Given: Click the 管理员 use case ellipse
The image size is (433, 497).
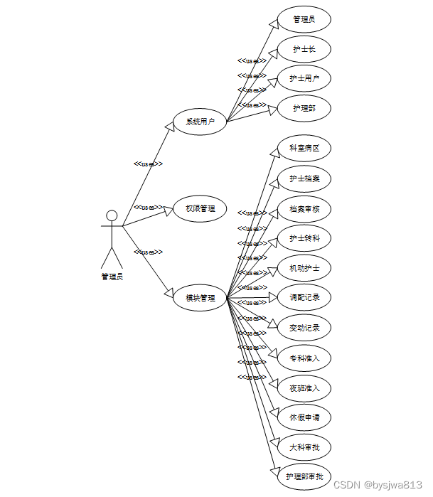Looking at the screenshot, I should [304, 19].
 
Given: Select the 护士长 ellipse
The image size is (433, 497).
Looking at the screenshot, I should [304, 49].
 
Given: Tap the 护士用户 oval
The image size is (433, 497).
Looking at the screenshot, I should [304, 78].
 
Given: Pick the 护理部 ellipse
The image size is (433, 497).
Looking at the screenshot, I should [304, 108].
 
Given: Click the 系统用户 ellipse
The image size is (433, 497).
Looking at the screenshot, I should [200, 122].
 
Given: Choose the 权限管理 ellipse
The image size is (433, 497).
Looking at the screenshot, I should [200, 209].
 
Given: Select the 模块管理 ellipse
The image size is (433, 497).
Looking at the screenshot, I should [200, 298].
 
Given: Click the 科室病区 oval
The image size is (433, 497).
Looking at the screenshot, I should [304, 148].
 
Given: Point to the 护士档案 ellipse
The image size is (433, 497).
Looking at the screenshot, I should [304, 178].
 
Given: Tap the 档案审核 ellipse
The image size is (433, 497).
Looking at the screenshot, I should [304, 209].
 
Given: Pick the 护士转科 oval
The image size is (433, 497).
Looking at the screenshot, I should [304, 238].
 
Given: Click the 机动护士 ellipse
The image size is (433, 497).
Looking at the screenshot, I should [304, 268].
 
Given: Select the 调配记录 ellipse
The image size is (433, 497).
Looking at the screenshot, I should [304, 297].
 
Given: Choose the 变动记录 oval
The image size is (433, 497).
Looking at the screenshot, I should [304, 328].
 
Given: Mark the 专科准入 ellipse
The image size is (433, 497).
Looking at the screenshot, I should [304, 358].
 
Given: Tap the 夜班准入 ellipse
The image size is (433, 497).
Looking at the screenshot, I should [304, 388].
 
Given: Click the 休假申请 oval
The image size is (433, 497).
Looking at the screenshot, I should [304, 417].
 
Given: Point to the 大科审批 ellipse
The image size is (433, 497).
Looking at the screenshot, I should [304, 447].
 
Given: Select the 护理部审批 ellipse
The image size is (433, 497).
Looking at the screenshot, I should [304, 476].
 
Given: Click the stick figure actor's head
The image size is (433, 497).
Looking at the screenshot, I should [112, 215].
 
